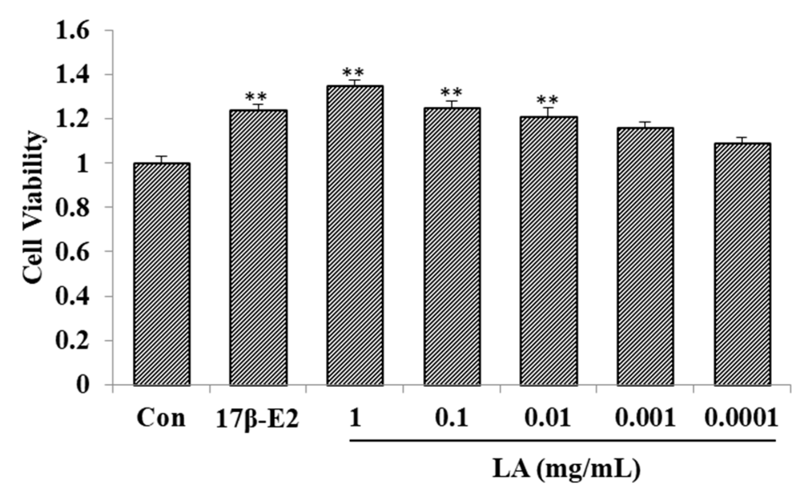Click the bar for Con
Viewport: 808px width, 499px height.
(x=162, y=274)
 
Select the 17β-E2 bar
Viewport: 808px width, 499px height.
(x=259, y=247)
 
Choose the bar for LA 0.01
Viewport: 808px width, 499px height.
(x=549, y=251)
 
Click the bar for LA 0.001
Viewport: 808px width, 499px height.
(x=645, y=256)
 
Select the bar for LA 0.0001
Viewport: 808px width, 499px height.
(x=742, y=264)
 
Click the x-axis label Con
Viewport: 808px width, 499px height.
(x=161, y=418)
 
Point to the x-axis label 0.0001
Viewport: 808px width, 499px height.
(x=741, y=418)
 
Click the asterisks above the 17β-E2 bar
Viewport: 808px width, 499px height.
(x=255, y=97)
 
